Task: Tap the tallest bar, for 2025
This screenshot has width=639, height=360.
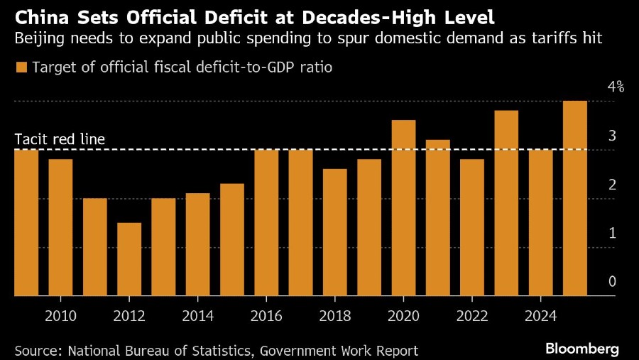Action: pos(574,198)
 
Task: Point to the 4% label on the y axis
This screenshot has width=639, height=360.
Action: pos(615,87)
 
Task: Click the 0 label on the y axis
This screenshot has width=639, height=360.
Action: pos(611,282)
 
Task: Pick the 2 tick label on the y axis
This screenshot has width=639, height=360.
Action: pos(611,185)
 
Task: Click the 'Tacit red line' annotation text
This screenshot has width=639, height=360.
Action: pos(60,138)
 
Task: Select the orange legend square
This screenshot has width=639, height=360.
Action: pos(21,68)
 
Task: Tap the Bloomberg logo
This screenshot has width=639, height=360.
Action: pos(582,349)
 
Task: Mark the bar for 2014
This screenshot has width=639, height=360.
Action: pos(198,244)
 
